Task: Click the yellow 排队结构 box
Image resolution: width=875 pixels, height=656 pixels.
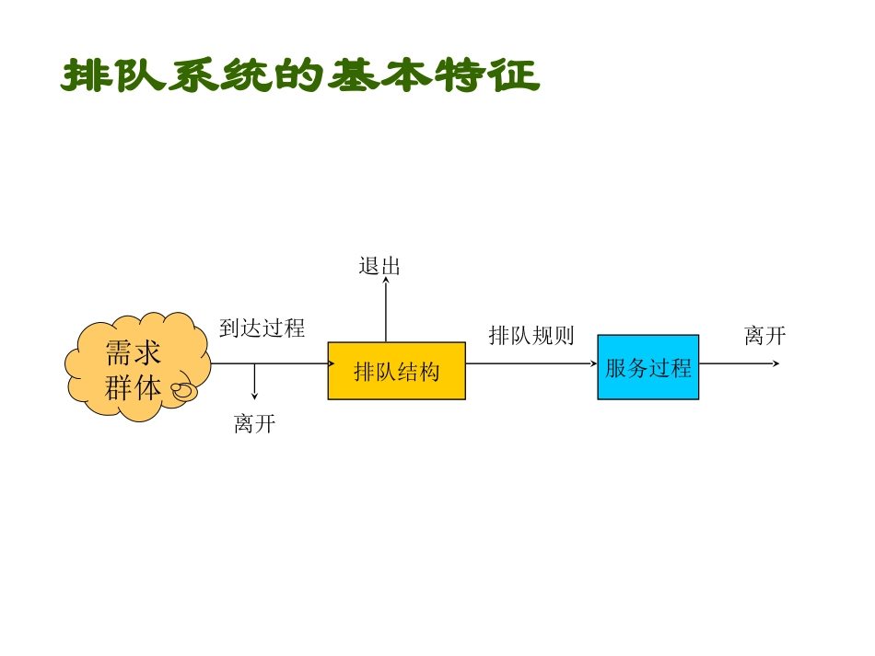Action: pos(396,371)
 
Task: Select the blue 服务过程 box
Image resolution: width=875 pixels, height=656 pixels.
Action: pos(647,367)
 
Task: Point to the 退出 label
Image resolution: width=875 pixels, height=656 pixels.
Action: pos(379,267)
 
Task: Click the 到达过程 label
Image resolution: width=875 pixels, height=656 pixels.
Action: pos(262,328)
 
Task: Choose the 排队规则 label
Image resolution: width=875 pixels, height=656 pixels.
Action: pos(531,336)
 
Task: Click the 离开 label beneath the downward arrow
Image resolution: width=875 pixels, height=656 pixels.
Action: pos(254,424)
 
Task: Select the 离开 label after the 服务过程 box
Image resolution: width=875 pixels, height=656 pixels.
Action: pos(764,336)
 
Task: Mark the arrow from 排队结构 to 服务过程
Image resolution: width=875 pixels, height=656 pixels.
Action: pos(531,363)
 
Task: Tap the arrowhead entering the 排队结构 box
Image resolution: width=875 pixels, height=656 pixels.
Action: pos(330,363)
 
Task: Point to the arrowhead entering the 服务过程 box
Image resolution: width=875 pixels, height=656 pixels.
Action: pos(593,363)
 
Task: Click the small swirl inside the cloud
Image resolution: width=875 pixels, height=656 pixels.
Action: pos(184,390)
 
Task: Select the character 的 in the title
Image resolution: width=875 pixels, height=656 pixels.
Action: pos(300,76)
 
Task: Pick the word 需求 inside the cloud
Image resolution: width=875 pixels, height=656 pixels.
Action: pos(133,354)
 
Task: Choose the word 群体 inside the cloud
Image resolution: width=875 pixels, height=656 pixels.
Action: pos(133,387)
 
